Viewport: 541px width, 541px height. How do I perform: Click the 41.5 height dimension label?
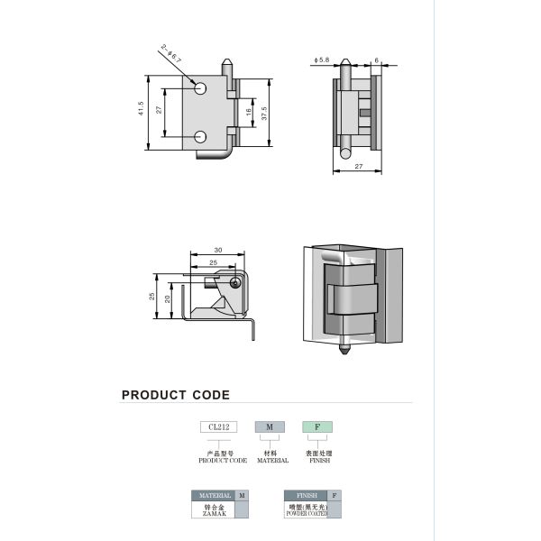click(142, 110)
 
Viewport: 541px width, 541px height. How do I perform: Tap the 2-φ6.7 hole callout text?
click(172, 53)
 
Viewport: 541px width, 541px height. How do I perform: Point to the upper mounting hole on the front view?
click(199, 88)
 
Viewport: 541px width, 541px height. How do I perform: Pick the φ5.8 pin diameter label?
click(322, 60)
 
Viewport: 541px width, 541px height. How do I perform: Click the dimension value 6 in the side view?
click(376, 60)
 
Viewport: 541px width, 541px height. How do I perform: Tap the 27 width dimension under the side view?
click(359, 166)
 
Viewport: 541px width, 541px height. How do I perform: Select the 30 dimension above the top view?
click(217, 250)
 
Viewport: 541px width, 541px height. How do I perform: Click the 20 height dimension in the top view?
click(169, 297)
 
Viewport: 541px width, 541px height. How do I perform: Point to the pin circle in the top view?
click(235, 282)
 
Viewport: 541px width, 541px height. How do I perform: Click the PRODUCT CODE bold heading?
click(176, 395)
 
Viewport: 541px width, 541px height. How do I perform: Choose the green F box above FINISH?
click(317, 426)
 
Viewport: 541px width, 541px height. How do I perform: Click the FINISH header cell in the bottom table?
click(303, 496)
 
